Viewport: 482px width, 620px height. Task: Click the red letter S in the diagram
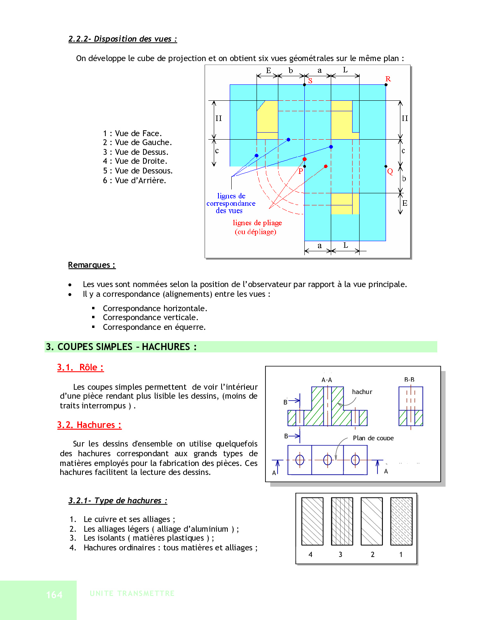click(x=310, y=81)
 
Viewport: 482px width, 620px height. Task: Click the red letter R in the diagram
click(x=388, y=79)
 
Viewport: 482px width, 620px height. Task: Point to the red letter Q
click(x=390, y=171)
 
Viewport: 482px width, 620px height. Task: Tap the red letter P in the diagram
click(x=300, y=171)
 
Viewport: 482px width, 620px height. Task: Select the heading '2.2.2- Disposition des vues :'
click(x=122, y=39)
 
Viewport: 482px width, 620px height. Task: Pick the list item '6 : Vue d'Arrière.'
click(x=134, y=180)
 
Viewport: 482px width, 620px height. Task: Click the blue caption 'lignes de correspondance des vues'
click(x=231, y=203)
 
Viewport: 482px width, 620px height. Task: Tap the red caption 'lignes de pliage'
click(x=257, y=223)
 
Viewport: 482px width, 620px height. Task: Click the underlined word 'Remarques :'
click(x=92, y=265)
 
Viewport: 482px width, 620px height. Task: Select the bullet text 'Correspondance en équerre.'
click(x=154, y=327)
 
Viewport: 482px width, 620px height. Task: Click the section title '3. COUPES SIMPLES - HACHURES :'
click(x=121, y=347)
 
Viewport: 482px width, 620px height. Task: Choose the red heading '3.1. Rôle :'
click(x=80, y=368)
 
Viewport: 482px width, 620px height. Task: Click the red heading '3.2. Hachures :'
click(x=89, y=425)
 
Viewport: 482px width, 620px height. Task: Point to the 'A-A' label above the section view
click(x=327, y=380)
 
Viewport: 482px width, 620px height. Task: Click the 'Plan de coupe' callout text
click(x=373, y=438)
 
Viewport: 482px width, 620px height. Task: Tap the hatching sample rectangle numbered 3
click(x=342, y=522)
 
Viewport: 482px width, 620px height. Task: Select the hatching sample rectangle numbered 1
click(x=401, y=522)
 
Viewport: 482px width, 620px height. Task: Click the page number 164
click(x=54, y=595)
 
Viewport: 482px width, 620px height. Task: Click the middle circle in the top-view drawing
click(x=328, y=460)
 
